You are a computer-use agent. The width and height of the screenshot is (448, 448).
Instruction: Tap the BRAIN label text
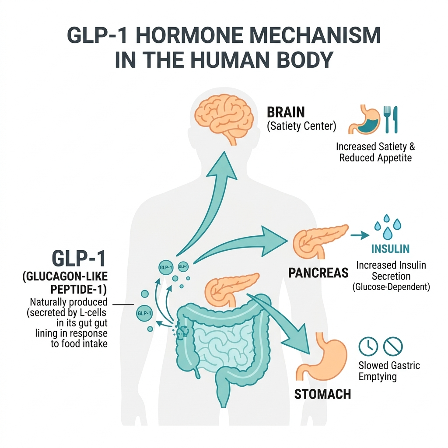point(286,112)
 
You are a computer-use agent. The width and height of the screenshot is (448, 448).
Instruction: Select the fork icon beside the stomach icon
point(386,119)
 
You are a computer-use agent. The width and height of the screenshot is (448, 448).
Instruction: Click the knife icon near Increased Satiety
point(395,119)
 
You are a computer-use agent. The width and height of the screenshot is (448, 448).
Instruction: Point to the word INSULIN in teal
point(390,249)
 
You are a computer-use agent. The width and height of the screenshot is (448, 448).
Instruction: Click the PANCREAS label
point(318,273)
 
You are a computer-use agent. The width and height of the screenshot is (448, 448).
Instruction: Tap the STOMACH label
point(322,394)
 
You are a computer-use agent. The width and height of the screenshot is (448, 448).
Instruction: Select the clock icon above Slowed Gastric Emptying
point(368,346)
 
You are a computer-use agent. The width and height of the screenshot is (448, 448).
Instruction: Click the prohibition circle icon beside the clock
point(392,346)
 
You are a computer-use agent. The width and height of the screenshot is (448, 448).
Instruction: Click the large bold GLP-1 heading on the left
point(78,259)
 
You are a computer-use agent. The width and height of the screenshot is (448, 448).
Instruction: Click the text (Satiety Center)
point(301,127)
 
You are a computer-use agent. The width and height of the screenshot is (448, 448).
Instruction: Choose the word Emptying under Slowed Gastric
point(377,377)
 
